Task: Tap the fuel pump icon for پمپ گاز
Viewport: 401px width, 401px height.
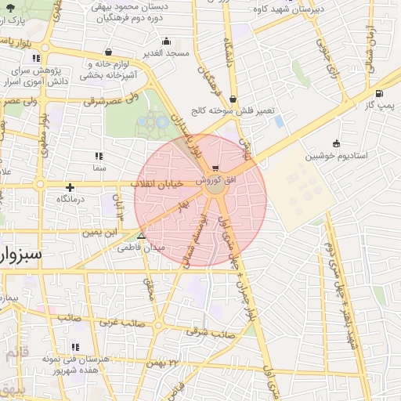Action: pyautogui.click(x=379, y=93)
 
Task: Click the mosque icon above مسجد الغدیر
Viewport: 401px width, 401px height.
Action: pyautogui.click(x=165, y=42)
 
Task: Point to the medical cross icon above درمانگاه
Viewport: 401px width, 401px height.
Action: pyautogui.click(x=70, y=187)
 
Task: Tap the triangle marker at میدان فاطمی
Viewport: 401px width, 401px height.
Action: pyautogui.click(x=141, y=235)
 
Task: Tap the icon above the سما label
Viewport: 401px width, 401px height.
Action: pyautogui.click(x=99, y=156)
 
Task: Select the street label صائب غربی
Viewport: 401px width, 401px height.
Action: pyautogui.click(x=121, y=322)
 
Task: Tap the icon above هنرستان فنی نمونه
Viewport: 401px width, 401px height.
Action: pyautogui.click(x=76, y=346)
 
